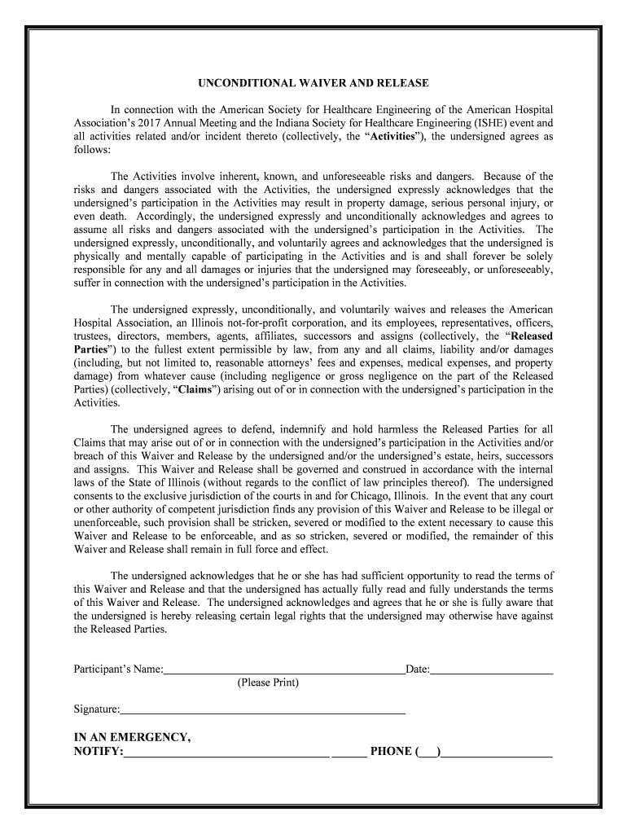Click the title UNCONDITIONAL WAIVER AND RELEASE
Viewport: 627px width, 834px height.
[x=313, y=83]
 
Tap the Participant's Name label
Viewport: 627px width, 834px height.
[x=118, y=669]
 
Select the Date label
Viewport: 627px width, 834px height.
[x=417, y=669]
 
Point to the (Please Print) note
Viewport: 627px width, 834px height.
[x=268, y=683]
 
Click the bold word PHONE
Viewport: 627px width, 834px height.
[x=391, y=751]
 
